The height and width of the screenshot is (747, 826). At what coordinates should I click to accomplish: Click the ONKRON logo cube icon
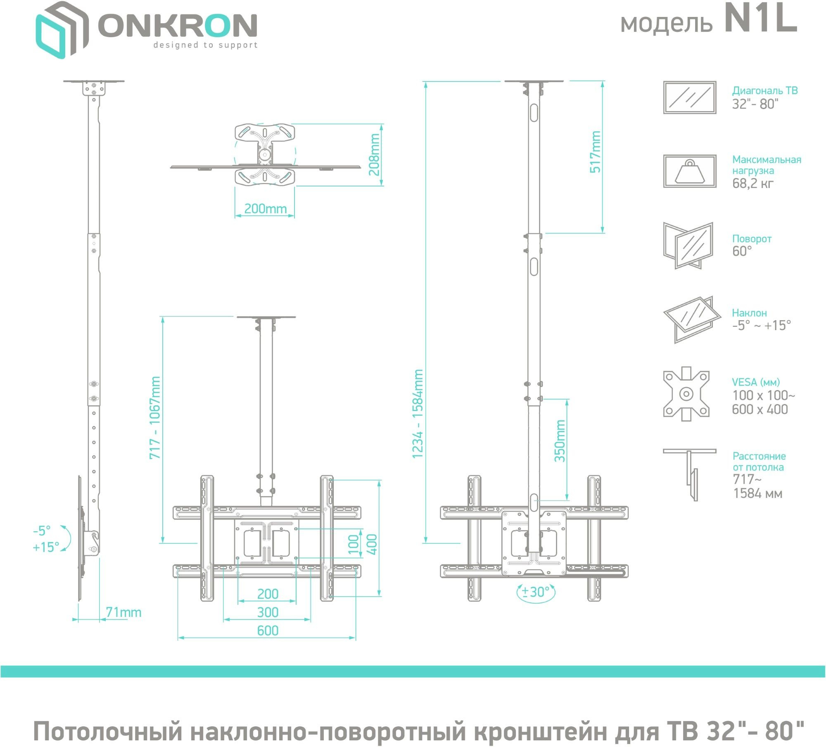click(x=62, y=30)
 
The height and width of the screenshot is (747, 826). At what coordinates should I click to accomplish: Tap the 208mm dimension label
click(x=374, y=155)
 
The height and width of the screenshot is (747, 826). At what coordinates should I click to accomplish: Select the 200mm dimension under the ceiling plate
click(x=266, y=209)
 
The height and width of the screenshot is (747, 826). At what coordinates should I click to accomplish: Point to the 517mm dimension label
click(x=595, y=152)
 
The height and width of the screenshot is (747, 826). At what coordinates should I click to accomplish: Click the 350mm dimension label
click(x=560, y=441)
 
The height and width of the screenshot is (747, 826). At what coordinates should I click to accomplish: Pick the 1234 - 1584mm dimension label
click(x=418, y=414)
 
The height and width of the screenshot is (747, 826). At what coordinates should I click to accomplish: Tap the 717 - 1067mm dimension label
click(x=155, y=418)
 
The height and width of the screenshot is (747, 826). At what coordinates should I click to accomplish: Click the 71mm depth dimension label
click(x=123, y=612)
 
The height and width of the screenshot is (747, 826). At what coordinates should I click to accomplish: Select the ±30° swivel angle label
click(x=536, y=592)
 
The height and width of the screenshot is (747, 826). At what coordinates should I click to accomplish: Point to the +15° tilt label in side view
click(x=46, y=547)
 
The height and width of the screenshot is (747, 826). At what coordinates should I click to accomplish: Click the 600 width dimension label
click(x=268, y=630)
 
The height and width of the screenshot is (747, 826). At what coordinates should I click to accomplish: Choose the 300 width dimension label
click(x=268, y=612)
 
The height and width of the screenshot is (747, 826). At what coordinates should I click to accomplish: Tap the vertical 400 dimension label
click(x=372, y=544)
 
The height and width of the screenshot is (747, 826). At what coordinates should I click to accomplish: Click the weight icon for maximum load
click(x=690, y=171)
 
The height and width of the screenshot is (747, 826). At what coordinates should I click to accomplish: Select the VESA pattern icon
click(x=686, y=394)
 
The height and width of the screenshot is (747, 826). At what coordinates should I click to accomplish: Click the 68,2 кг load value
click(x=753, y=183)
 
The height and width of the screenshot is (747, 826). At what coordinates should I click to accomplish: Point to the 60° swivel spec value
click(x=742, y=251)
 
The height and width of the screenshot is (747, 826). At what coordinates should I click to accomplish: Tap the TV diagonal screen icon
click(x=690, y=97)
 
